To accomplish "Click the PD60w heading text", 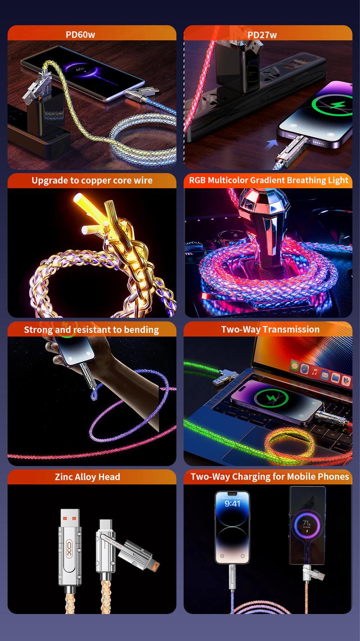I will coord(81,34).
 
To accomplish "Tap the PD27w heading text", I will coord(262,35).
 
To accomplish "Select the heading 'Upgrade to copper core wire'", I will coord(92,181).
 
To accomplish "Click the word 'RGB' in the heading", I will coord(197,181).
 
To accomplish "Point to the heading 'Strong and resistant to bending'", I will coord(91,330).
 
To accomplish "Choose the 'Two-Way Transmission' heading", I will coord(270,329).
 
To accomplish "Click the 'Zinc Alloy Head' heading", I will coord(87,477).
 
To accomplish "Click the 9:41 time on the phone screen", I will coord(232,504).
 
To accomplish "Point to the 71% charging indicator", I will coord(306,524).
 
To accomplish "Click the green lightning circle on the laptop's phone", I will coord(271,398).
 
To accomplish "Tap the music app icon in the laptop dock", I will coord(315,372).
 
